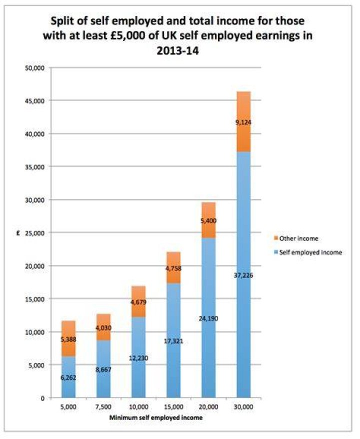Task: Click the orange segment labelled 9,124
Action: (x=243, y=121)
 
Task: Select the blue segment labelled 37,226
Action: (x=243, y=274)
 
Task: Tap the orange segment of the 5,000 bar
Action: (x=68, y=338)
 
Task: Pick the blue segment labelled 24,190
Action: (x=208, y=318)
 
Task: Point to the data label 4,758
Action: (x=173, y=268)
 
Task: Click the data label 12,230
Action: (x=138, y=358)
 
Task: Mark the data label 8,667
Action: (x=103, y=369)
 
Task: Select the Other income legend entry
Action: (x=296, y=238)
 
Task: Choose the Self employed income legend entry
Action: (x=307, y=252)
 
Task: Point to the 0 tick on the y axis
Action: (x=42, y=398)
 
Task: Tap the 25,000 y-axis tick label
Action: (x=35, y=233)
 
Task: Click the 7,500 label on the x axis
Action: (x=103, y=407)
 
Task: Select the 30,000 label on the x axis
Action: (x=243, y=407)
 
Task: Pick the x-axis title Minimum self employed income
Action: (x=156, y=417)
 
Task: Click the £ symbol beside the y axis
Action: (x=18, y=233)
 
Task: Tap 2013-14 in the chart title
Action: (x=178, y=51)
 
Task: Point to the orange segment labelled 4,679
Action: (x=138, y=301)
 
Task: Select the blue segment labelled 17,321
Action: (x=173, y=340)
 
